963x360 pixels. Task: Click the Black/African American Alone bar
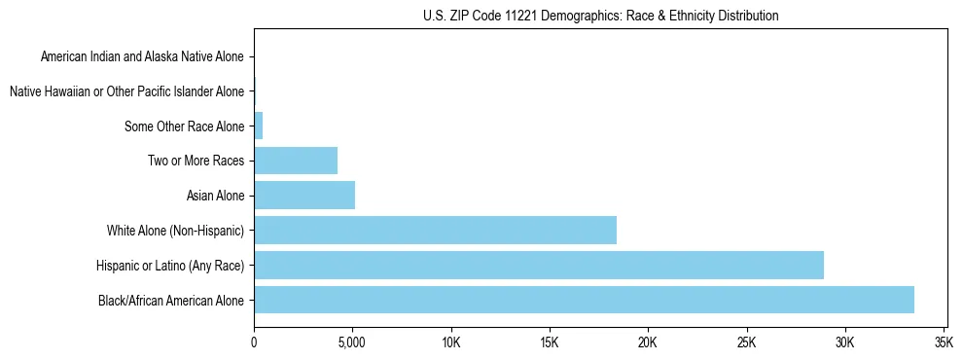(x=584, y=300)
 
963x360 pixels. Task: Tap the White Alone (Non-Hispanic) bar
(x=435, y=231)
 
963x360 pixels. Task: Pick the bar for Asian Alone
(x=304, y=196)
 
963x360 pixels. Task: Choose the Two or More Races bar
(x=296, y=161)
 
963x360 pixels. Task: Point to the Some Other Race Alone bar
(x=259, y=126)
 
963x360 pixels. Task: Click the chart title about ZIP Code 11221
(x=600, y=16)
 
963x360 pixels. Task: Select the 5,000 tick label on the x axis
(x=351, y=342)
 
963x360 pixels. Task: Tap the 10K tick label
(x=450, y=342)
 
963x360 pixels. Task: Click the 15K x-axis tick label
(x=549, y=342)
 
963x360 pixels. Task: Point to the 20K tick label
(x=647, y=342)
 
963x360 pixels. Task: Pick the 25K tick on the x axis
(x=746, y=342)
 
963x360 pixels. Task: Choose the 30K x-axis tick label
(x=844, y=342)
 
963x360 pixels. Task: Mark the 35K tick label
(x=943, y=342)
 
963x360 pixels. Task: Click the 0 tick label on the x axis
(x=254, y=342)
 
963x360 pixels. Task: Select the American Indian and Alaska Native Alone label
(x=142, y=56)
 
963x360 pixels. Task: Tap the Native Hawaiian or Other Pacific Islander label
(x=126, y=91)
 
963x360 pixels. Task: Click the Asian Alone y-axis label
(x=215, y=196)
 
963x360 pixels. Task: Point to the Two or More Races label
(x=196, y=161)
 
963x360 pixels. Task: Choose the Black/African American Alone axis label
(x=171, y=300)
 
